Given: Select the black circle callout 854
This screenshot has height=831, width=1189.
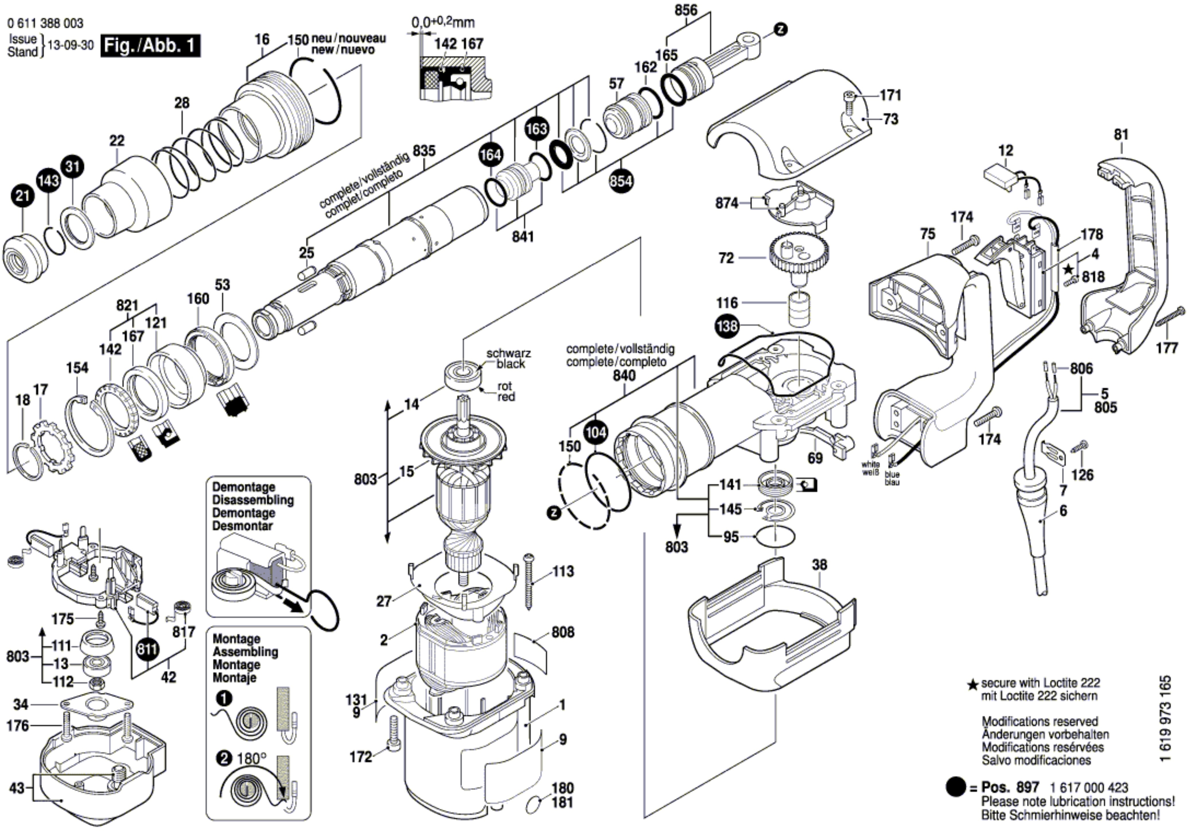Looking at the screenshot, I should (x=620, y=181).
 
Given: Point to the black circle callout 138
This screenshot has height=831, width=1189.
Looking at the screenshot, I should (x=727, y=326).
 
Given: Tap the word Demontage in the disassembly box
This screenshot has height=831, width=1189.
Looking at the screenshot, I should (x=243, y=487).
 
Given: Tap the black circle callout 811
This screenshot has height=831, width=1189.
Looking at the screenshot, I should (x=148, y=649).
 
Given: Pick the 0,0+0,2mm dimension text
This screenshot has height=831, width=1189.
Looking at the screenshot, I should (x=443, y=22).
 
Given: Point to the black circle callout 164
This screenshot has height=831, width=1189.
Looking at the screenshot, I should (x=490, y=154).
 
